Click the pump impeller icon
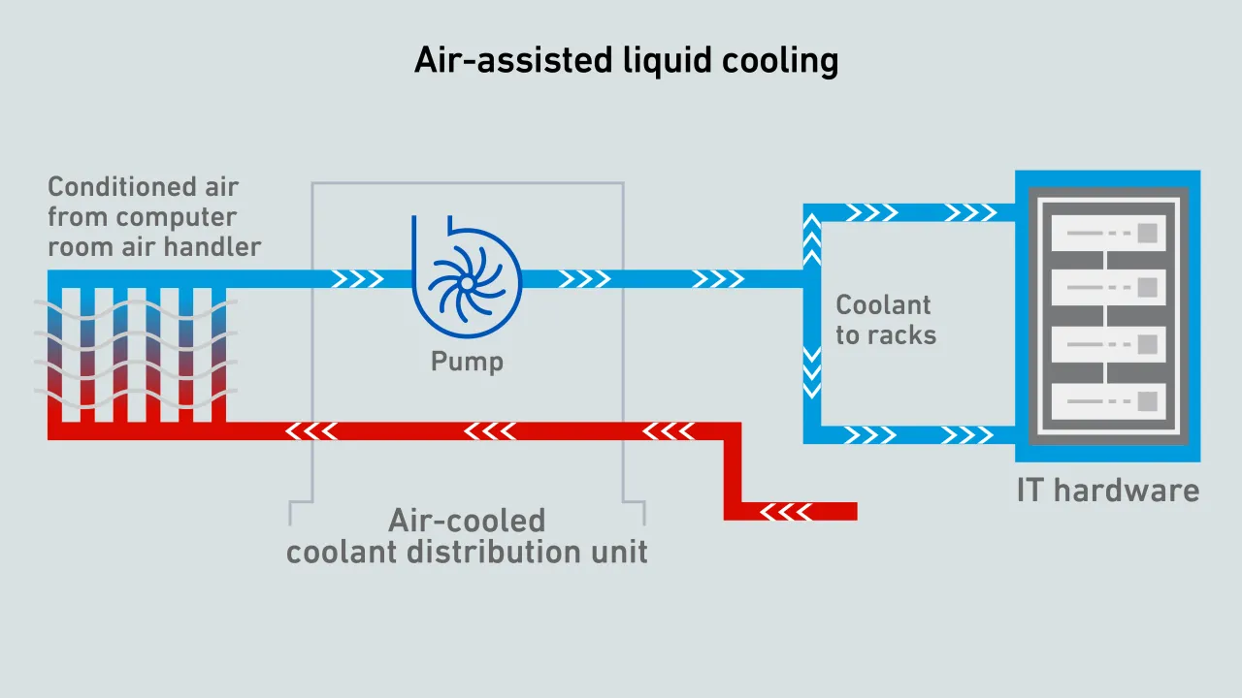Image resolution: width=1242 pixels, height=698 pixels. pos(467,281)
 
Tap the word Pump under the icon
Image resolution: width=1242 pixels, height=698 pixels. pos(467,363)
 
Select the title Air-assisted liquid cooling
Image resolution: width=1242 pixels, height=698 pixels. pos(626,60)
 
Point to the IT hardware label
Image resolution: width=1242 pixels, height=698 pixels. pos(1107,491)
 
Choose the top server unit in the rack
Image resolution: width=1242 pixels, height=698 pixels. pos(1107,234)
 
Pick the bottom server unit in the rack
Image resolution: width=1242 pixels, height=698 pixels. pos(1107,399)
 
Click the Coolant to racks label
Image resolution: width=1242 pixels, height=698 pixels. pos(886,320)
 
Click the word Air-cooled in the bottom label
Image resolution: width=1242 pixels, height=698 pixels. pos(467,521)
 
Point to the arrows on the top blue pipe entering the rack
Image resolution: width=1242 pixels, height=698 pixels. pos(970,212)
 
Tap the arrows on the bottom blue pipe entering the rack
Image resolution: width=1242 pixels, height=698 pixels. pos(970,434)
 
